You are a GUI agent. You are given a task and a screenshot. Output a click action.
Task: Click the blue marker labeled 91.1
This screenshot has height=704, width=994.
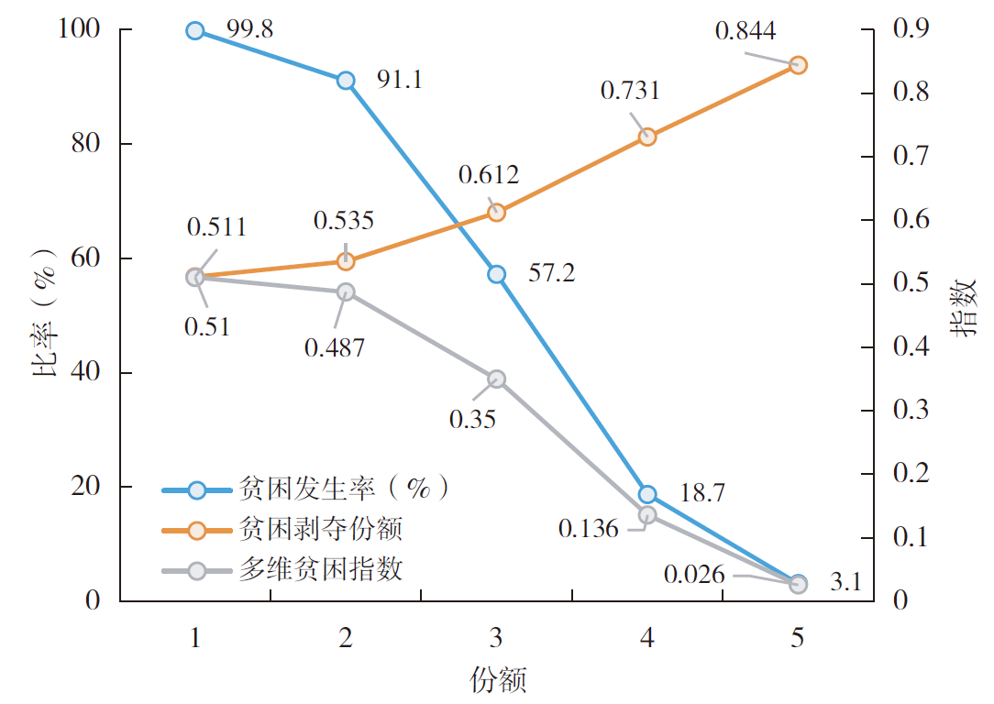pyautogui.click(x=346, y=81)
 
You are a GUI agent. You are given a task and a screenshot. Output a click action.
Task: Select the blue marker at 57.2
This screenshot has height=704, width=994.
pyautogui.click(x=496, y=274)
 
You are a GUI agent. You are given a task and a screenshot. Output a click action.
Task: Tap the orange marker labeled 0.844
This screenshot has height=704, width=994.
pyautogui.click(x=798, y=65)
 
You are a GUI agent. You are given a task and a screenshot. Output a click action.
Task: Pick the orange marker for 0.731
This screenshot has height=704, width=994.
pyautogui.click(x=647, y=137)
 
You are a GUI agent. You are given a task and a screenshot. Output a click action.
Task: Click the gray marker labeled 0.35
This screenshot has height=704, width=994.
pyautogui.click(x=496, y=379)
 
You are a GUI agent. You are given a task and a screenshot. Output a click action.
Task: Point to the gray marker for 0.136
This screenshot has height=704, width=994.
pyautogui.click(x=647, y=515)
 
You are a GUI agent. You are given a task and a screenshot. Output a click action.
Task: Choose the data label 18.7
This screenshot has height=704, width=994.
pyautogui.click(x=702, y=492)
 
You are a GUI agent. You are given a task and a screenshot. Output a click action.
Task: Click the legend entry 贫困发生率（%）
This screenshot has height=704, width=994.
pyautogui.click(x=342, y=489)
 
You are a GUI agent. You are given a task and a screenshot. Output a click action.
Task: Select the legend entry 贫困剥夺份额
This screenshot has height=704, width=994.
pyautogui.click(x=321, y=529)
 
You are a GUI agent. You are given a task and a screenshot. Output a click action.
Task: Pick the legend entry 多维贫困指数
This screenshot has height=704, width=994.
pyautogui.click(x=321, y=569)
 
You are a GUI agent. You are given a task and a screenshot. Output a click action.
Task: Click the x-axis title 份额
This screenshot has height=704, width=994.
pyautogui.click(x=497, y=681)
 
